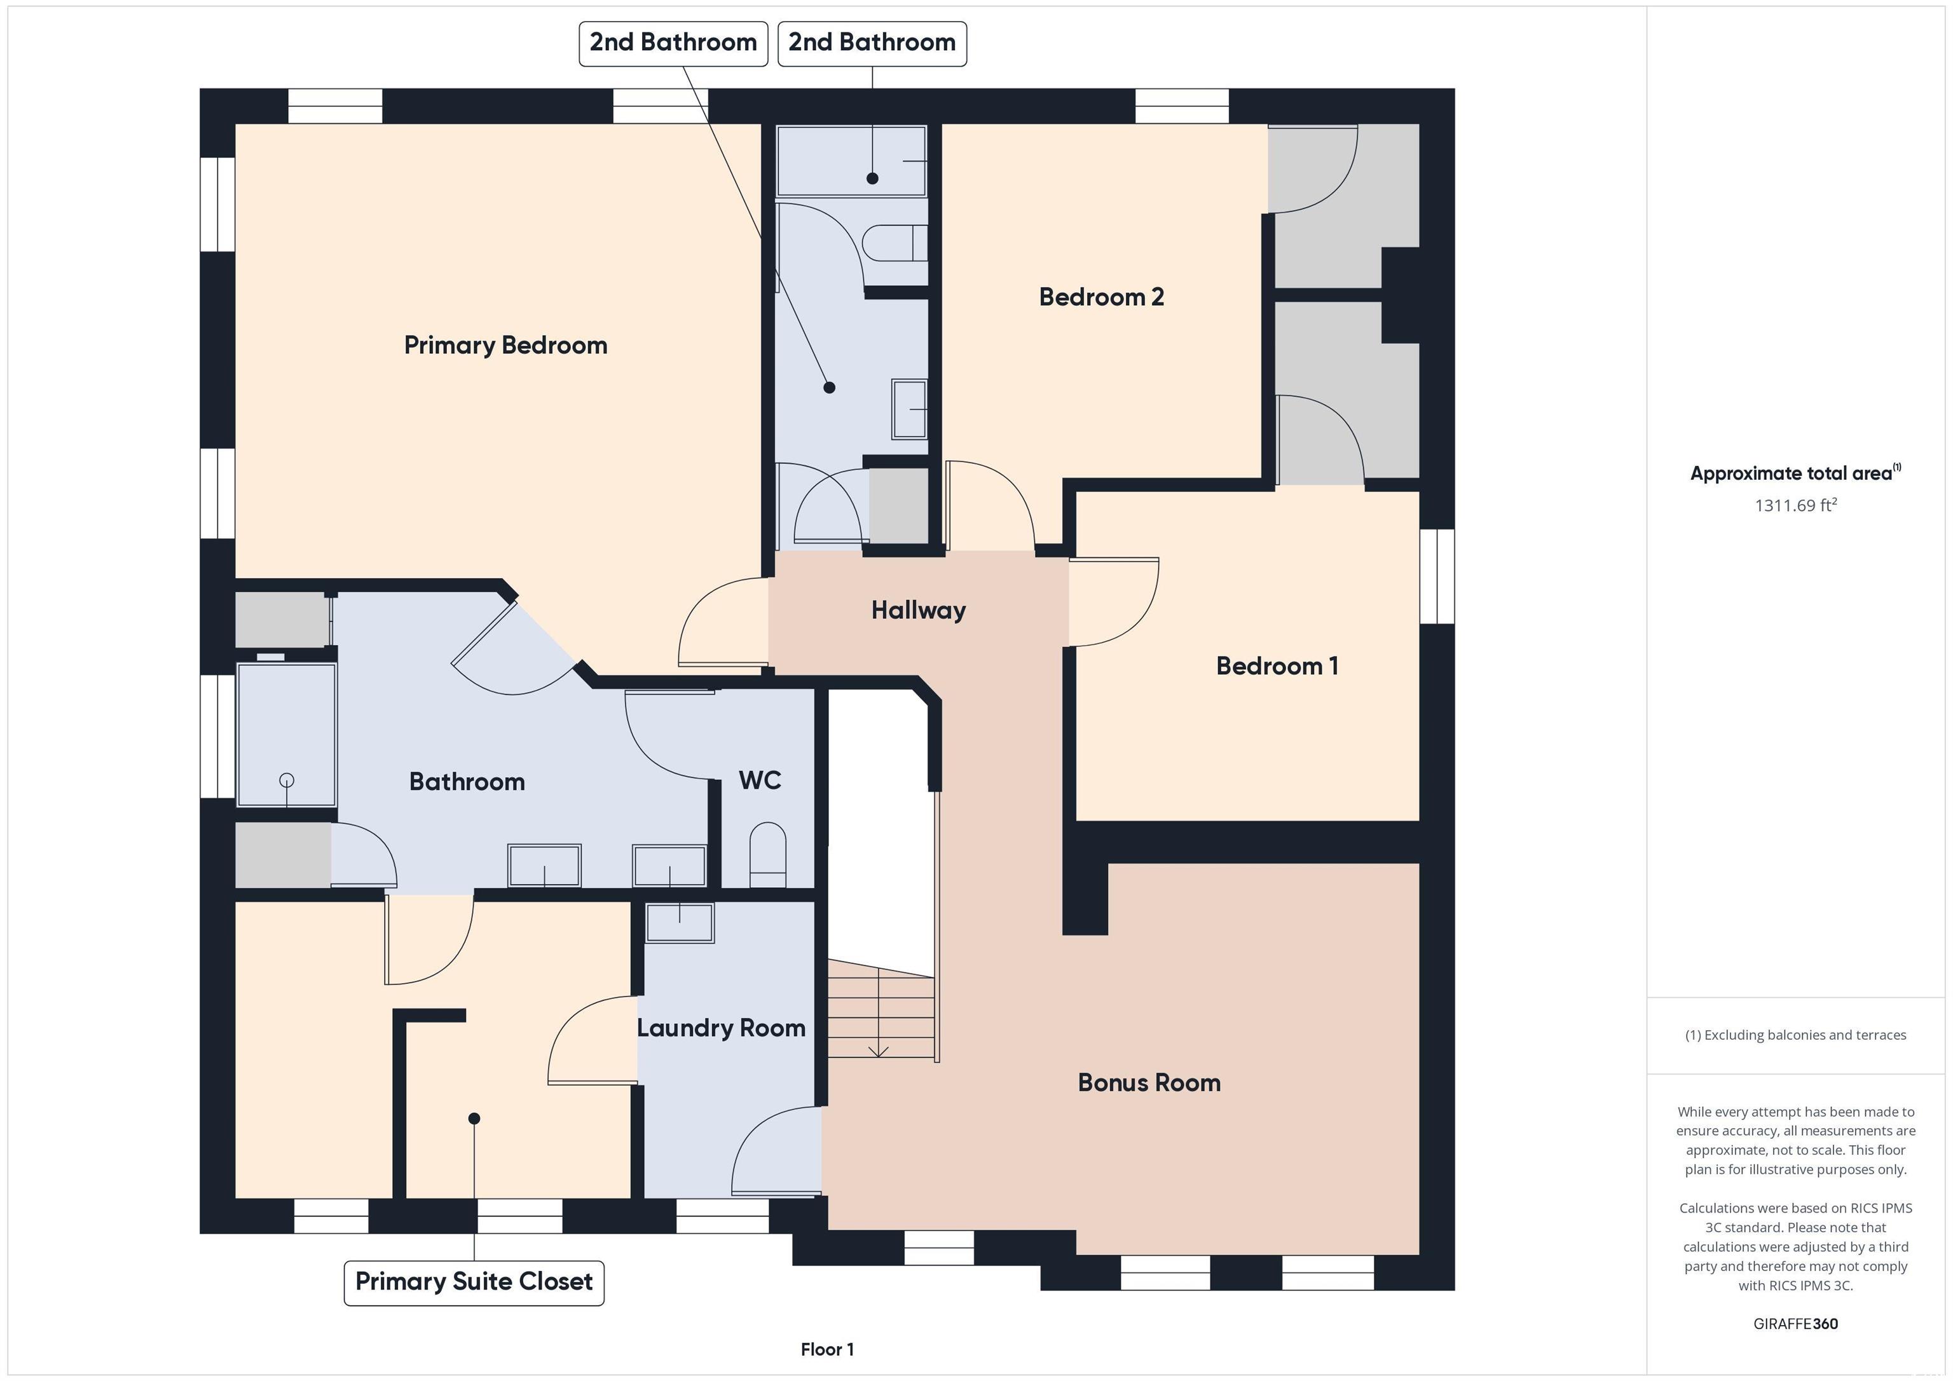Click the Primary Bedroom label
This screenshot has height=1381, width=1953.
pos(505,345)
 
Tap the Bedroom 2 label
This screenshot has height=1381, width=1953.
pos(1102,297)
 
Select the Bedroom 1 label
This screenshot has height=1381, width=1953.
pos(1277,666)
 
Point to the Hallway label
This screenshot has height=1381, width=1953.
pos(919,611)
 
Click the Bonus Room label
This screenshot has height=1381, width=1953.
pos(1149,1082)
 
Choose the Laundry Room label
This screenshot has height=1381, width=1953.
pos(722,1028)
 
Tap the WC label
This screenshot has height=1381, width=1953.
pos(760,780)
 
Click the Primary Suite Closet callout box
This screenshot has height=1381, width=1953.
pos(474,1282)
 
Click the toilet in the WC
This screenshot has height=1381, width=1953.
pos(767,855)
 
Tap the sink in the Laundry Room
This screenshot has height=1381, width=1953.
pos(680,923)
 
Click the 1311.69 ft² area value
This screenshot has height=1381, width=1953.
pos(1795,505)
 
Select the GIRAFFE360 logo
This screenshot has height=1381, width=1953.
pos(1795,1324)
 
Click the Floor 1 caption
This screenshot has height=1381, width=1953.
pos(827,1349)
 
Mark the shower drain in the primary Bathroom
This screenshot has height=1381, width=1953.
pos(287,780)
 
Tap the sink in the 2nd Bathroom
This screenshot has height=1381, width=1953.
pos(909,409)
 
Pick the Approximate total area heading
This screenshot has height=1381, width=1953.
pos(1795,473)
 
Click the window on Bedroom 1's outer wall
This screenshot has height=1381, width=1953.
pos(1437,576)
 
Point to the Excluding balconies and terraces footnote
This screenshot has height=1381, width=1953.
pos(1795,1035)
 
